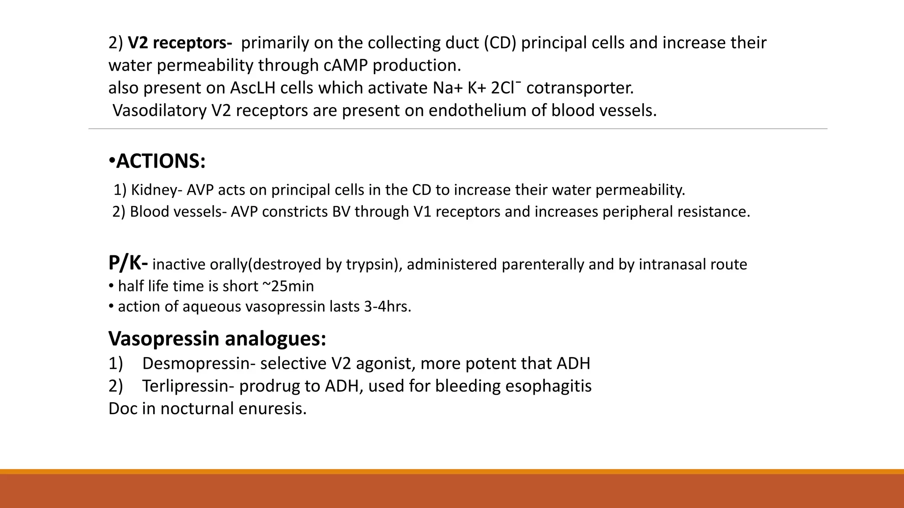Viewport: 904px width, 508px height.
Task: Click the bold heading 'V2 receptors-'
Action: tap(180, 43)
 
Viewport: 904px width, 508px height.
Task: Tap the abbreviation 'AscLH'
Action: tap(252, 88)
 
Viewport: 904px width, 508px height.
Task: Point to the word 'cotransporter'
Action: tap(579, 88)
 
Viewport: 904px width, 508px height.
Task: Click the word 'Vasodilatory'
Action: tap(159, 110)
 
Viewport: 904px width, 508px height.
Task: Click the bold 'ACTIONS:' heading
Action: tap(161, 161)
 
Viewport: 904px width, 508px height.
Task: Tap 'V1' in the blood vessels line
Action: tap(422, 212)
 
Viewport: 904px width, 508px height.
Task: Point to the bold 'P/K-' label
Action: tap(128, 263)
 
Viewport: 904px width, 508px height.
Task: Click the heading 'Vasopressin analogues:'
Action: tap(217, 339)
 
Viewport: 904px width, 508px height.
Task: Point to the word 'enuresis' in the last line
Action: tap(272, 408)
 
